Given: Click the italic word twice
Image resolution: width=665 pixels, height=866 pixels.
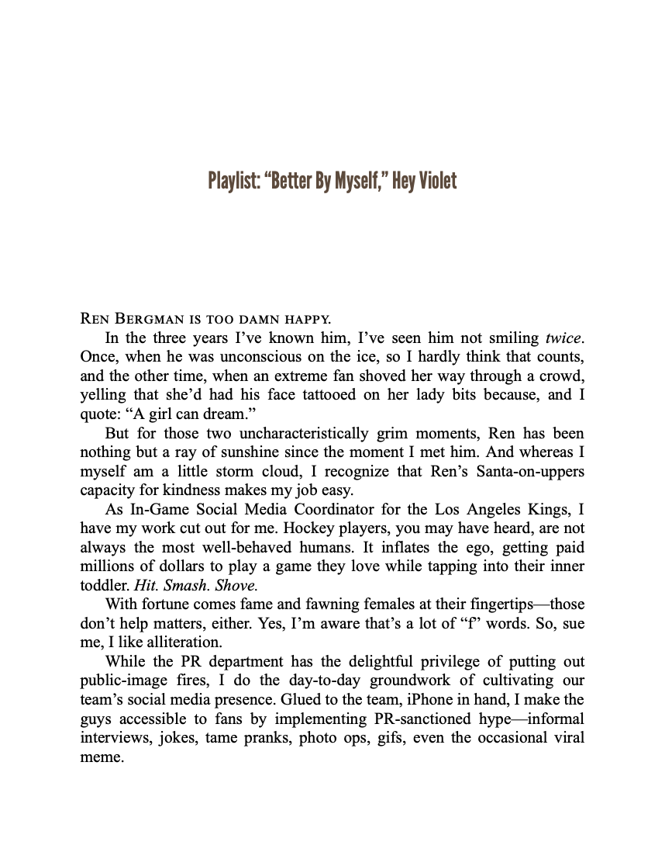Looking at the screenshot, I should coord(563,338).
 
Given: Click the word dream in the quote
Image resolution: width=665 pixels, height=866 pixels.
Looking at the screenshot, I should coord(220,414).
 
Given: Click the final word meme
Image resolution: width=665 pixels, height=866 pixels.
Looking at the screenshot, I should coord(101,757).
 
